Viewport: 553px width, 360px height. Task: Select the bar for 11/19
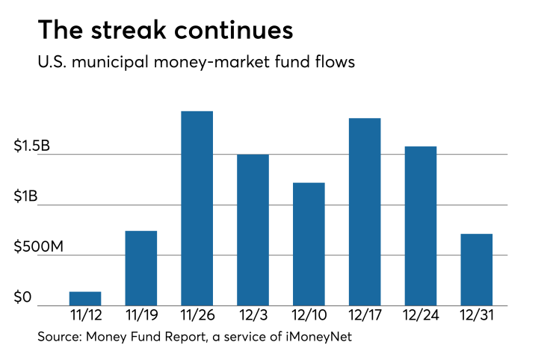140,268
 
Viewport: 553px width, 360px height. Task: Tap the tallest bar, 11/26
197,208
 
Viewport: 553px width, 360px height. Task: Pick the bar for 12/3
253,230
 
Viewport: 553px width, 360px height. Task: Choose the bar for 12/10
309,244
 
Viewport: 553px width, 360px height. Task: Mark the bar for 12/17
365,212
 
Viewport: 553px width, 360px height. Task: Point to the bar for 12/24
421,226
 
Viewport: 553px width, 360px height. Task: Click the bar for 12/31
476,270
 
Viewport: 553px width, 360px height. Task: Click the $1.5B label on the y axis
32,146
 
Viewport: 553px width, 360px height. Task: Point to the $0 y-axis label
22,298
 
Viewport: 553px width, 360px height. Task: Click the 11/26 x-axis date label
197,317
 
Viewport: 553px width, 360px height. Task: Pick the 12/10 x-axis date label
309,317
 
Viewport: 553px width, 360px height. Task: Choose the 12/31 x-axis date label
476,317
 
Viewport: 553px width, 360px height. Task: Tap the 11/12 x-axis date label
85,317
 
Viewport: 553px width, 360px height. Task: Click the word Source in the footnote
58,338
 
